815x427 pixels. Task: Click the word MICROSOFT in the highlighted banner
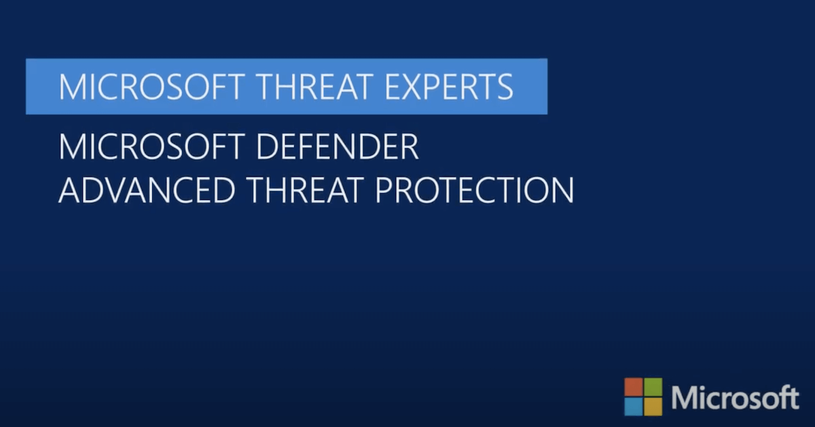[149, 87]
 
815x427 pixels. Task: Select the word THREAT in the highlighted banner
[312, 87]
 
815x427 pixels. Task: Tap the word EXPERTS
[449, 87]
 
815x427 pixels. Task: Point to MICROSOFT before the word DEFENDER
[149, 146]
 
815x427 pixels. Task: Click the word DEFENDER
[338, 146]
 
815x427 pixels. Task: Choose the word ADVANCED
[146, 190]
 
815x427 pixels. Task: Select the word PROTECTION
[475, 190]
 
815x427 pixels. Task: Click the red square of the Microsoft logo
[634, 387]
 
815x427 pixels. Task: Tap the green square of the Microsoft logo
[653, 387]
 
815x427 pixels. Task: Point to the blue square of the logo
[634, 407]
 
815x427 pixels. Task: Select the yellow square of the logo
[653, 407]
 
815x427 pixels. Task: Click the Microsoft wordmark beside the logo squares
[736, 397]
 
